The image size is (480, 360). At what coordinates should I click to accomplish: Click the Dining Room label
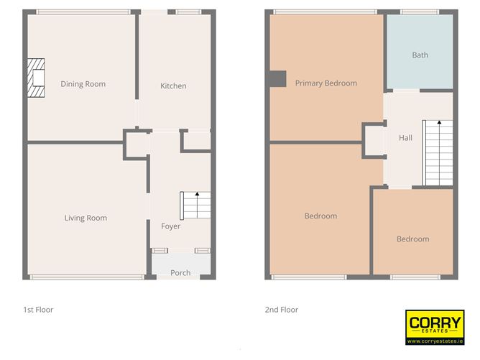tap(83, 84)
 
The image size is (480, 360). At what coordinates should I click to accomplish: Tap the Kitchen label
tap(173, 86)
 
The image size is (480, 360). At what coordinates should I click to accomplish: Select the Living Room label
tap(86, 218)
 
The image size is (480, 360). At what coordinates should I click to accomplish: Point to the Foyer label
tap(170, 226)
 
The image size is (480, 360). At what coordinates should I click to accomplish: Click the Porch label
tap(180, 273)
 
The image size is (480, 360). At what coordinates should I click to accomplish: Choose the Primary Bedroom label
tap(326, 83)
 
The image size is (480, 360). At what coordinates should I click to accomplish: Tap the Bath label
tap(420, 55)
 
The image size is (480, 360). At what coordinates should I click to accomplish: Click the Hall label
tap(405, 138)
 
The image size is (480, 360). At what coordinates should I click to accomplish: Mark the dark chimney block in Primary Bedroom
tap(277, 78)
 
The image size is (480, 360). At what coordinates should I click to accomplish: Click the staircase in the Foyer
tap(195, 206)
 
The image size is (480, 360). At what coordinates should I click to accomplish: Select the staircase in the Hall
tap(437, 151)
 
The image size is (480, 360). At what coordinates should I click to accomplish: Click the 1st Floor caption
tap(38, 310)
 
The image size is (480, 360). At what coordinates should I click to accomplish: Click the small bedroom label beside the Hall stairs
tap(412, 239)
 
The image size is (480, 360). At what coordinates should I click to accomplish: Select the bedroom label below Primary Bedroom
tap(320, 216)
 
